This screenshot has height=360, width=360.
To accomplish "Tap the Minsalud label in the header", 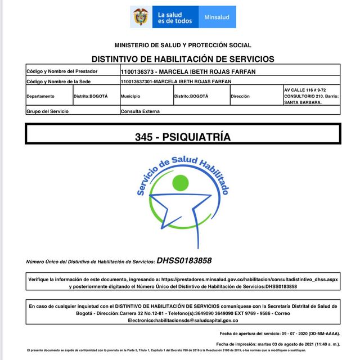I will tap(217, 17).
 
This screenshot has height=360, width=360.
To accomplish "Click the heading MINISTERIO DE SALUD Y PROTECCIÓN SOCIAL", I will tap(183, 45).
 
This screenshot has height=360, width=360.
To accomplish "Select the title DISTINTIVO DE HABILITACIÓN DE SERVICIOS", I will tap(183, 58).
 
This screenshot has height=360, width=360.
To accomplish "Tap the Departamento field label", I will tap(40, 96).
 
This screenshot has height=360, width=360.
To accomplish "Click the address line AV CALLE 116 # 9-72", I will tap(304, 89).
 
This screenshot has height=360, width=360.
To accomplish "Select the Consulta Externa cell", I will tap(140, 111).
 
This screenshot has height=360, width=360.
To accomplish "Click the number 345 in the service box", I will tap(143, 137).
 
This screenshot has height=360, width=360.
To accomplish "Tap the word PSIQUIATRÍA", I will tap(196, 137).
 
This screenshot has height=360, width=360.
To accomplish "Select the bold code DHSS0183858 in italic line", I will tap(184, 260).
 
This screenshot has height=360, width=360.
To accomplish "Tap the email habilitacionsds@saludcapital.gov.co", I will tap(183, 320).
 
